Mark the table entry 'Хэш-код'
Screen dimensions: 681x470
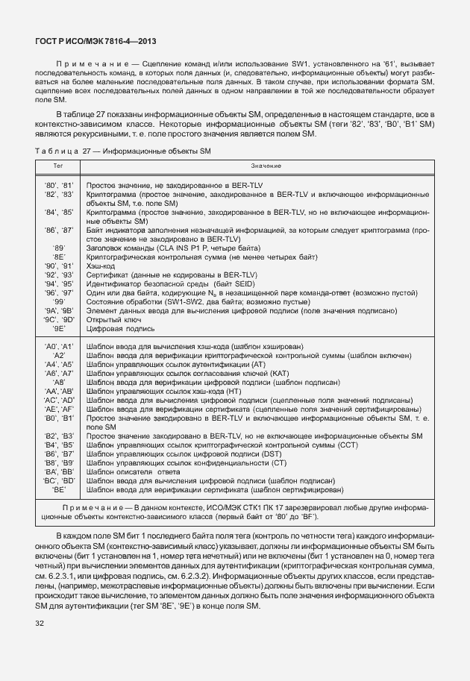[x=101, y=266]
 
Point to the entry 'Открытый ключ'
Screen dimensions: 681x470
[x=113, y=318]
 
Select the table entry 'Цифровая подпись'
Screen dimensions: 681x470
[x=119, y=327]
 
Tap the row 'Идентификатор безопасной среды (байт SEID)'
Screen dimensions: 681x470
[x=169, y=283]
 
